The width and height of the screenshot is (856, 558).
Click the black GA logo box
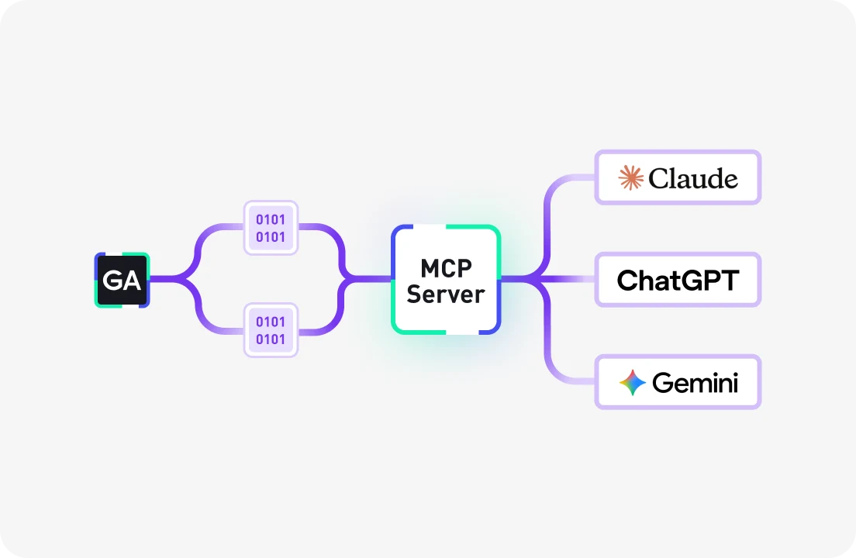[x=122, y=280]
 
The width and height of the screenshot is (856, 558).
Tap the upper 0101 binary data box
[x=271, y=228]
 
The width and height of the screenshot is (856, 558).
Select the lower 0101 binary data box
[x=271, y=330]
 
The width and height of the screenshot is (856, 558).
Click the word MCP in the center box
[x=446, y=268]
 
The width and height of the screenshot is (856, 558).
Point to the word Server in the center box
[x=446, y=294]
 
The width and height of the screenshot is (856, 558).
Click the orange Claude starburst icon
[x=631, y=178]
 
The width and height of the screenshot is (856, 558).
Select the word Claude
[x=692, y=179]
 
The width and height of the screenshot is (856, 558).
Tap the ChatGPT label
[x=678, y=280]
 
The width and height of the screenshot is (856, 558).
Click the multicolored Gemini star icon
[x=633, y=383]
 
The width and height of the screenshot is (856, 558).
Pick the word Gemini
[x=695, y=383]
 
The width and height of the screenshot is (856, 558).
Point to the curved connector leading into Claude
[x=555, y=194]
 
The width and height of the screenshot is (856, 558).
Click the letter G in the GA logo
[x=112, y=281]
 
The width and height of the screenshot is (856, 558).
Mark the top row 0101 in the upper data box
[x=271, y=219]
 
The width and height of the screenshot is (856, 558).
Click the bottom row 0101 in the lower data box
[x=271, y=339]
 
